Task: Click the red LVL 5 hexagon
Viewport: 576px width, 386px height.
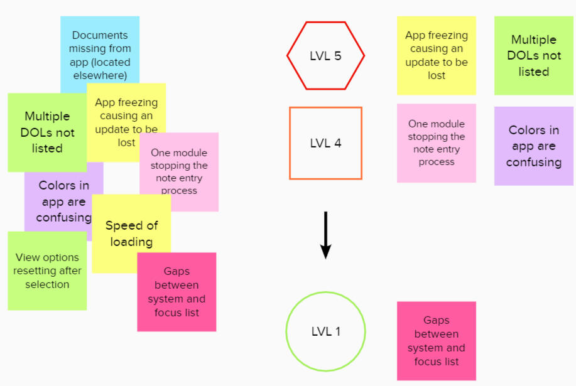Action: [325, 56]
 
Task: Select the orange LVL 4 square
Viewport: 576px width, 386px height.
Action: [325, 143]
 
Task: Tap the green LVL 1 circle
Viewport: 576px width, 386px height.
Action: [325, 331]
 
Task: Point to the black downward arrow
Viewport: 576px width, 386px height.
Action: [325, 235]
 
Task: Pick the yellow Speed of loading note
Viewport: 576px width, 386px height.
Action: [131, 233]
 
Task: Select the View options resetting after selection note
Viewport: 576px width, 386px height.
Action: [47, 271]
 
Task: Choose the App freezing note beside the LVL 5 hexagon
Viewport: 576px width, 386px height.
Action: [436, 55]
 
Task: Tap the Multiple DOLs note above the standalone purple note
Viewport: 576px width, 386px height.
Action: [533, 56]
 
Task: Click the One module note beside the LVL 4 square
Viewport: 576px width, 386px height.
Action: [436, 143]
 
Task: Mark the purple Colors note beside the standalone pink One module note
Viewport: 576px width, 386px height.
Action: [533, 146]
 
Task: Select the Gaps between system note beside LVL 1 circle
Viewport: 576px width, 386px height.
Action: [436, 341]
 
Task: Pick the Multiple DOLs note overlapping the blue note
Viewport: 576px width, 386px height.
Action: [47, 132]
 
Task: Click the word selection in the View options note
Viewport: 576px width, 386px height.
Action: [47, 284]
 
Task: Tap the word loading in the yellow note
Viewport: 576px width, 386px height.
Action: [131, 242]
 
